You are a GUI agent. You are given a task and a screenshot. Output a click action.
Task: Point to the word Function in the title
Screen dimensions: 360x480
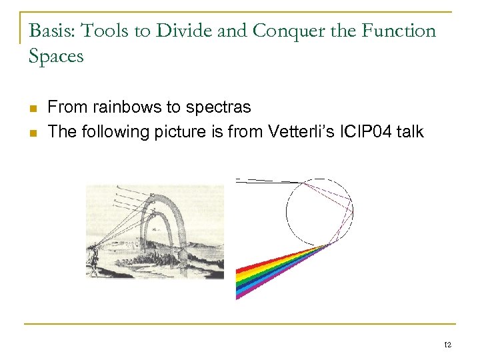398,31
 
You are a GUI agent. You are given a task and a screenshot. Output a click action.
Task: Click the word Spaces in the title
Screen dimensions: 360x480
56,56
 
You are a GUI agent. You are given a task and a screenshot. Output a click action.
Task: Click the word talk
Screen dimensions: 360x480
410,131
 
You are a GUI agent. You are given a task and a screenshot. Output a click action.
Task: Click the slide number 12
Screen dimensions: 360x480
446,344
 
